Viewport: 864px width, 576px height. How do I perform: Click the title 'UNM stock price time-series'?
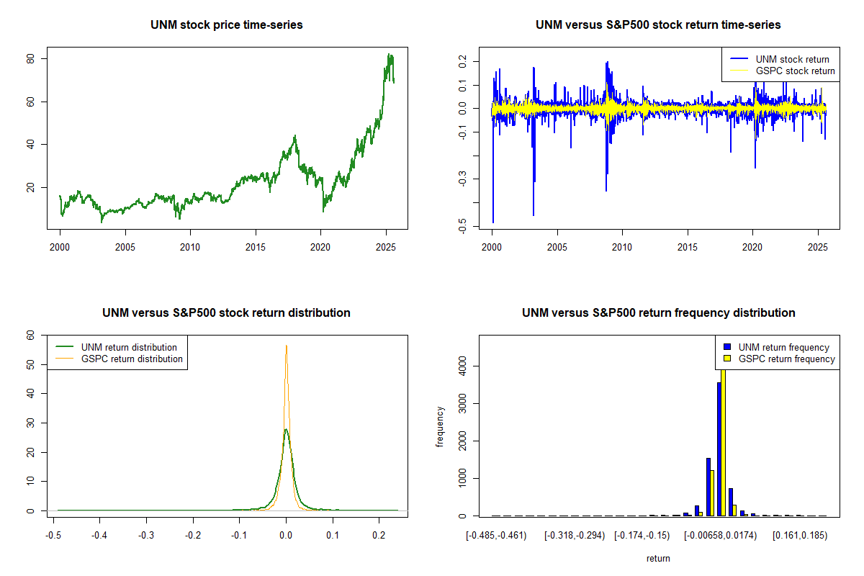click(227, 25)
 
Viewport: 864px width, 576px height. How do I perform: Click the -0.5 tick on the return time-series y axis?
click(462, 227)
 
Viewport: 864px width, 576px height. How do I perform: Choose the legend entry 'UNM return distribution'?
click(129, 347)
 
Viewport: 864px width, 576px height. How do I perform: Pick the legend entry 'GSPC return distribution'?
click(132, 359)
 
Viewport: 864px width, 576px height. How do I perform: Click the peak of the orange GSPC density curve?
click(286, 346)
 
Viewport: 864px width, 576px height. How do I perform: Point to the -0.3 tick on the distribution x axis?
click(146, 536)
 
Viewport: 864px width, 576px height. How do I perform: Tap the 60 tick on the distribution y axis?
click(30, 335)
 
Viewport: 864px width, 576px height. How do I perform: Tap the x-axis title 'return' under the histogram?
click(658, 558)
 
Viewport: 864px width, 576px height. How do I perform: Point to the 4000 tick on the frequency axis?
click(462, 366)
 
